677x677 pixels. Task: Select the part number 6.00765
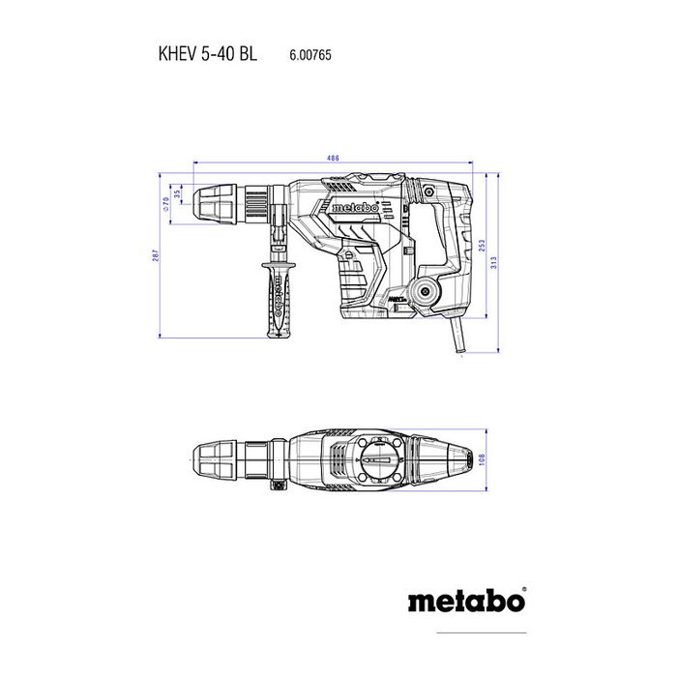[x=311, y=57]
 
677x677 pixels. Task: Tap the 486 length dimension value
[x=333, y=159]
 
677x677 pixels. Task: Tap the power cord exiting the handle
[x=456, y=339]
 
